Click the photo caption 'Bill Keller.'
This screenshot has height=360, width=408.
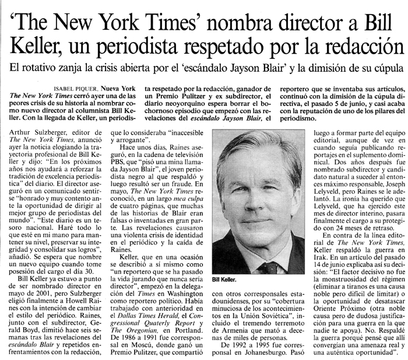point(226,279)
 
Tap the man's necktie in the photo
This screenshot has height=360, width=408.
point(269,266)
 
